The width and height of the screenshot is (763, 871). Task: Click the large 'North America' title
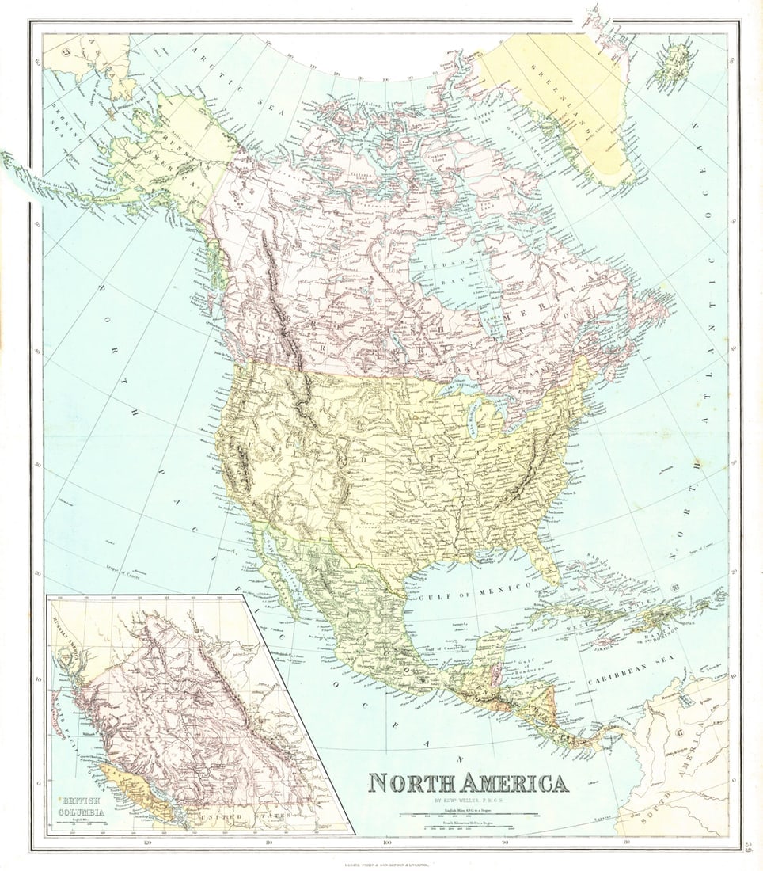point(468,783)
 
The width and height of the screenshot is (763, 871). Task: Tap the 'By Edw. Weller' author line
point(468,799)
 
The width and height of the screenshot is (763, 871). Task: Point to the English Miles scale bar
point(469,813)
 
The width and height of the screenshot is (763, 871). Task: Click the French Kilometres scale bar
point(469,827)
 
